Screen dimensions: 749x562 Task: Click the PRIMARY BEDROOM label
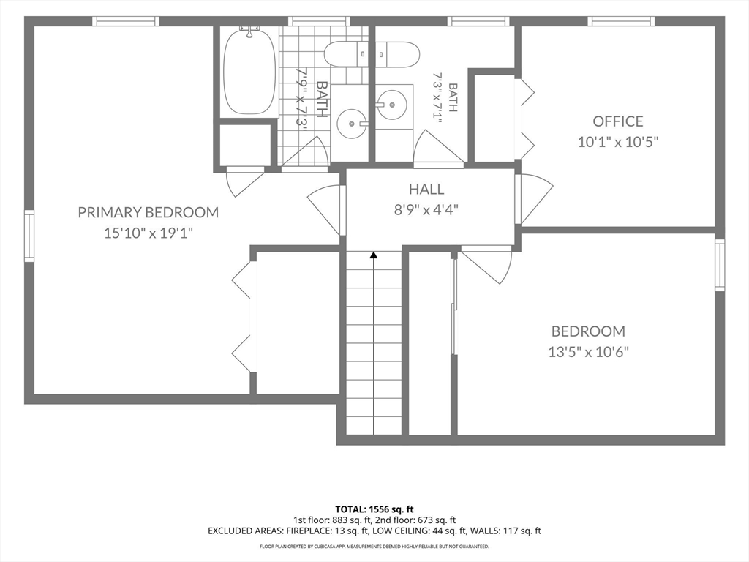click(148, 212)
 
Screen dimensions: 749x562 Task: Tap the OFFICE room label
click(618, 121)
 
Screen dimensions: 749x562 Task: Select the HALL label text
click(426, 190)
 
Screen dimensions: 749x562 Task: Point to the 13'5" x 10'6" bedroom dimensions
click(588, 352)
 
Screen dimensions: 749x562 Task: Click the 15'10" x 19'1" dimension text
click(148, 233)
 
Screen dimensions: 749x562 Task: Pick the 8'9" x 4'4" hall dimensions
click(426, 210)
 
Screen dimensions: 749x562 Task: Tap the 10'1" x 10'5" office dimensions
click(618, 142)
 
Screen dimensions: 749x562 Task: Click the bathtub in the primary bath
click(249, 71)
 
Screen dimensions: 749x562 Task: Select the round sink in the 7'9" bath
click(353, 123)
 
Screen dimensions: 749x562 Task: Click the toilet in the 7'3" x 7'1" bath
click(397, 54)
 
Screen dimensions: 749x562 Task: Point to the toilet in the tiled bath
click(346, 54)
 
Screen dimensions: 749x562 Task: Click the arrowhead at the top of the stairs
click(374, 255)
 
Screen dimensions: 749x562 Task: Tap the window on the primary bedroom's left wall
click(29, 236)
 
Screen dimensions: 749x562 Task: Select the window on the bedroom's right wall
click(720, 265)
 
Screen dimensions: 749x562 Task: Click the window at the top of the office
click(621, 21)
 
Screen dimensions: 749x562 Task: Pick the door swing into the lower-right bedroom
click(486, 264)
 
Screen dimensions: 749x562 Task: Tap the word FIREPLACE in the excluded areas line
click(306, 531)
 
